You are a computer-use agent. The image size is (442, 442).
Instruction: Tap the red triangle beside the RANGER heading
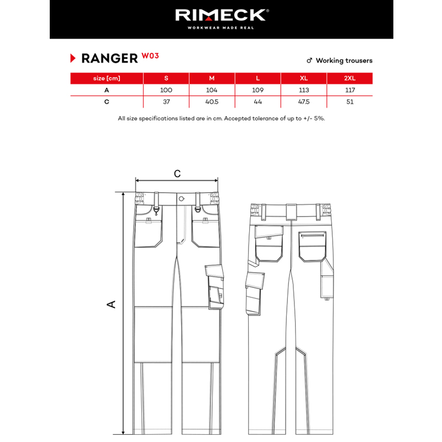(73, 58)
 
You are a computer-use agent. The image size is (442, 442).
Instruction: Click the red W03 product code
(150, 56)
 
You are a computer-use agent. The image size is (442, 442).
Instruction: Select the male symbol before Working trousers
(309, 61)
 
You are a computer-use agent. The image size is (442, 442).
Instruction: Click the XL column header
(303, 78)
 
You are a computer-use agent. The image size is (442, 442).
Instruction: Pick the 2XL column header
(350, 78)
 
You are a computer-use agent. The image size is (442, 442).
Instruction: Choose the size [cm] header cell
(107, 78)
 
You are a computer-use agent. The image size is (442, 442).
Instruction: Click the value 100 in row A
(166, 90)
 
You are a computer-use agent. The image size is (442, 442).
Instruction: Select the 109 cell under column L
(257, 90)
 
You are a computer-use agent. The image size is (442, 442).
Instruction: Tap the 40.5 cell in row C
(212, 102)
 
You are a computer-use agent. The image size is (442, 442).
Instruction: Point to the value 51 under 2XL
(350, 102)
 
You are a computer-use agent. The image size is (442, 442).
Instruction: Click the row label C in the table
(107, 102)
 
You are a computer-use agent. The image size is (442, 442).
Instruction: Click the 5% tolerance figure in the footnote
(319, 118)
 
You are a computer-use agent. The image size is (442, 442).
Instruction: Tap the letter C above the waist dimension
(177, 173)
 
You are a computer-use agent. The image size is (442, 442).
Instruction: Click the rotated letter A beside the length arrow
(112, 304)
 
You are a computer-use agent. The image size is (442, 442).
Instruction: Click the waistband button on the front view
(181, 199)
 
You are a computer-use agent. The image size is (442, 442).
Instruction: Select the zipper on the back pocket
(312, 235)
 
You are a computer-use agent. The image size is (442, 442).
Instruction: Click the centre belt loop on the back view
(292, 212)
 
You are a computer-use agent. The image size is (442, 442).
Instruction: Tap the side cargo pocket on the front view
(215, 287)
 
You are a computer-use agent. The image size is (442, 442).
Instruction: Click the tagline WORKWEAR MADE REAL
(220, 28)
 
